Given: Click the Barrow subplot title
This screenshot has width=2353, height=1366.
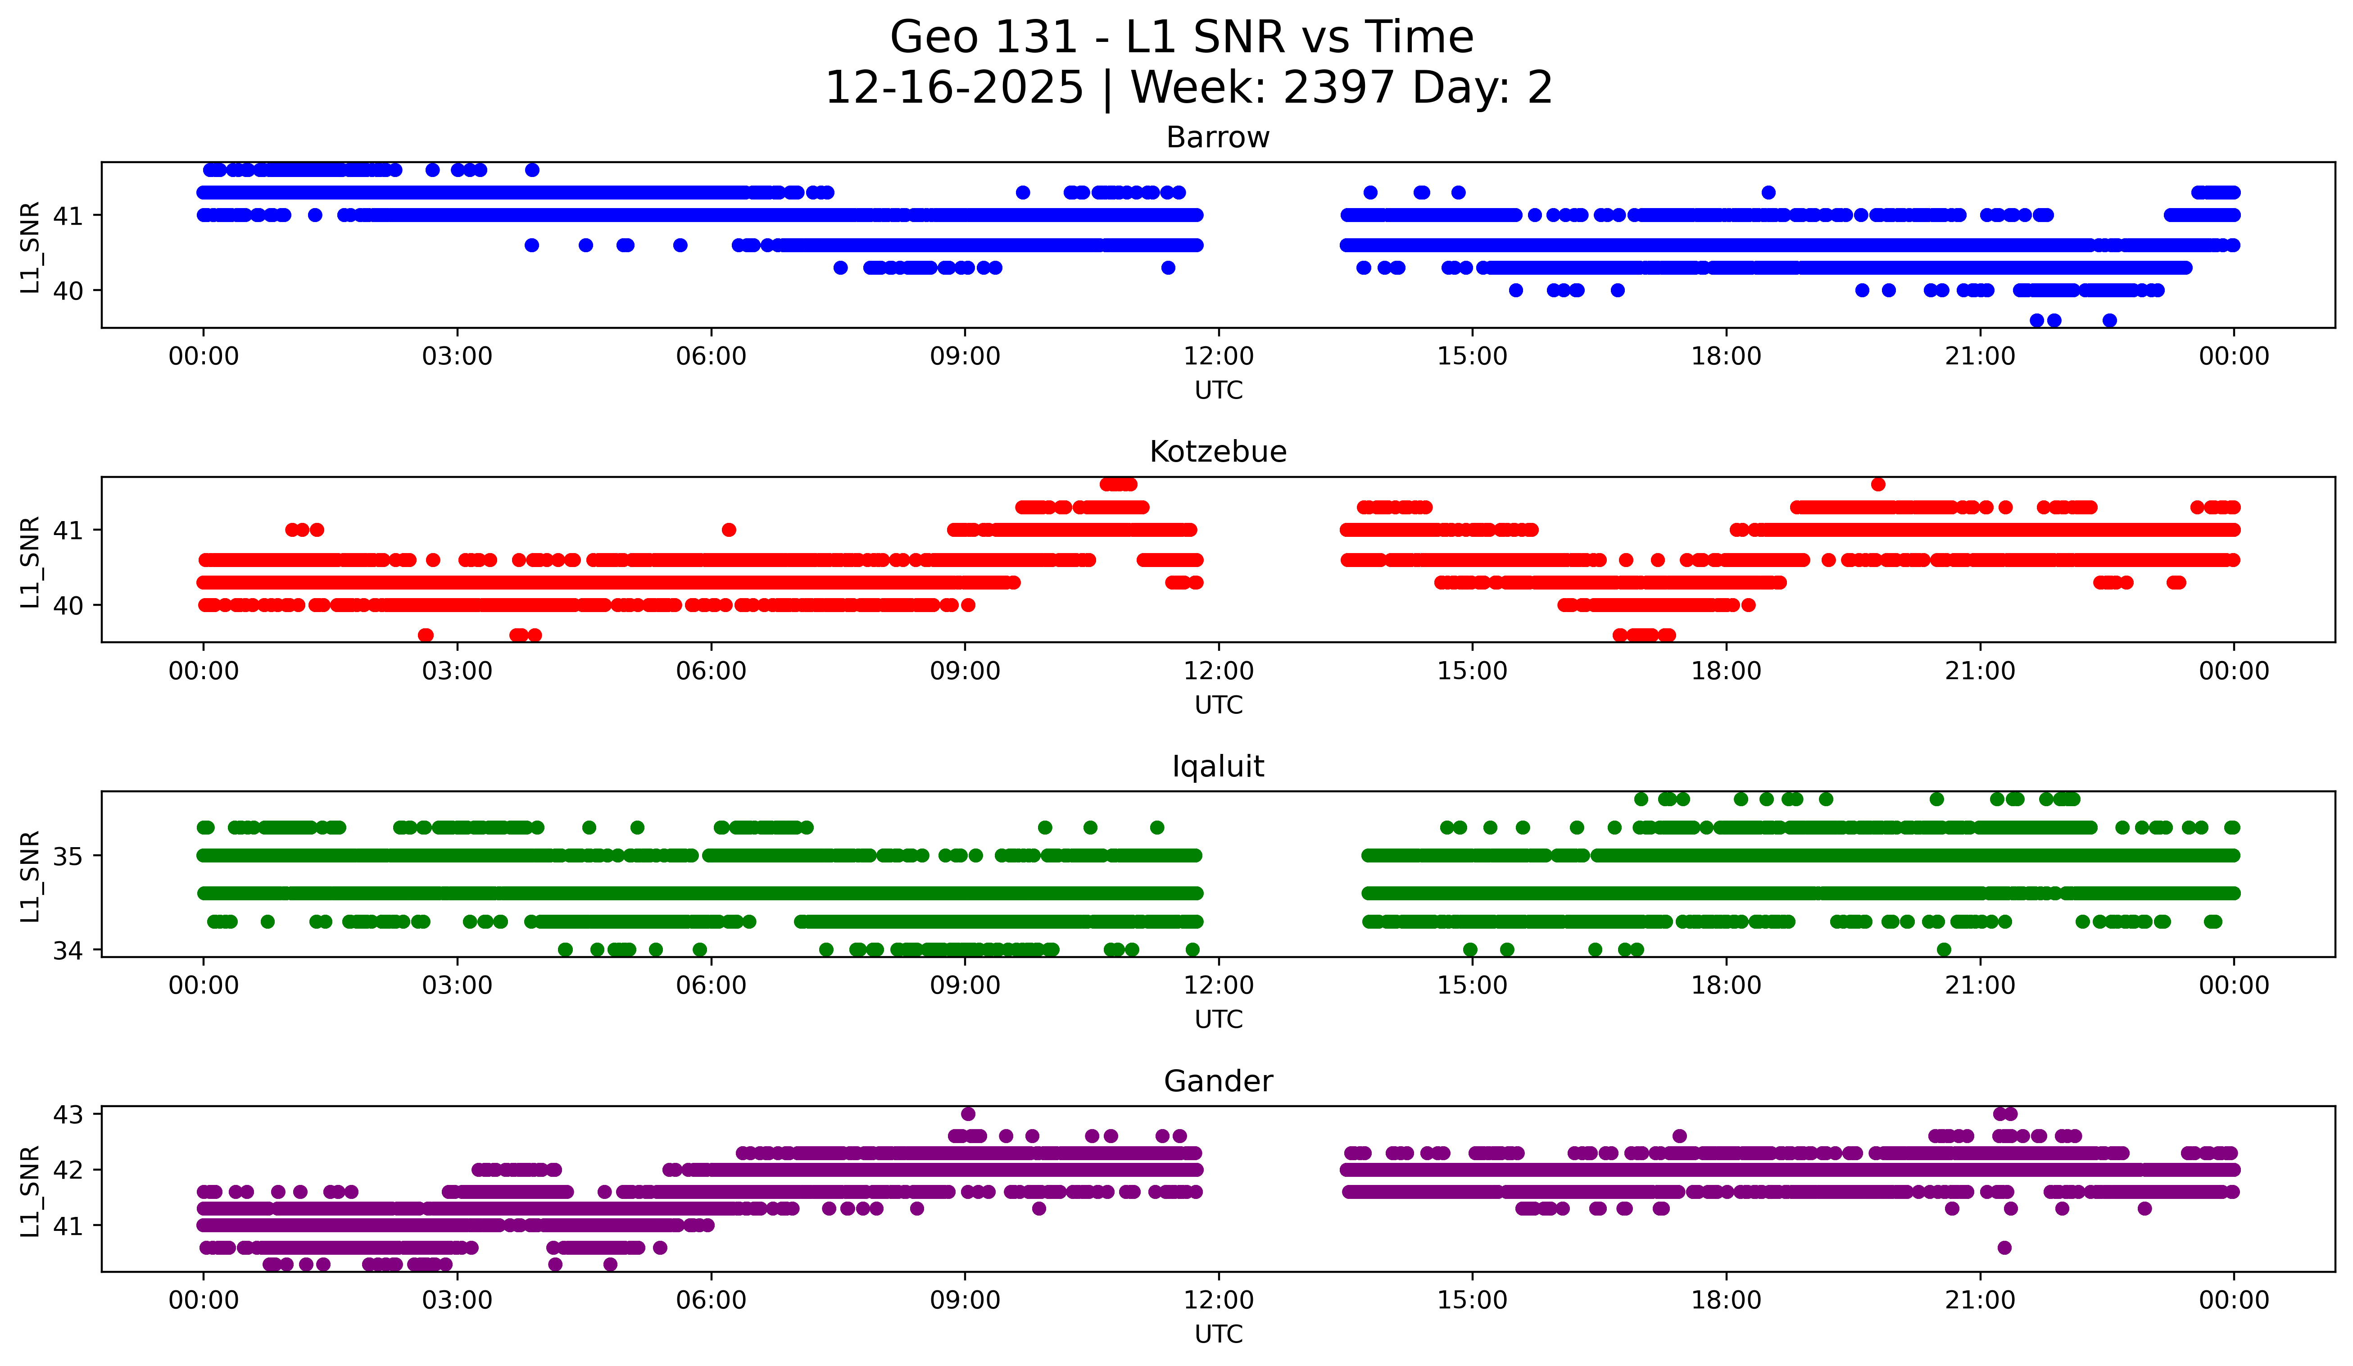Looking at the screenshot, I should click(1218, 137).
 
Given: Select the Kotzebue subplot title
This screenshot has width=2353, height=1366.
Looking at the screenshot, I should click(1218, 452).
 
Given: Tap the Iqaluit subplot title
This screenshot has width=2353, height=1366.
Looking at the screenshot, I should click(1218, 767).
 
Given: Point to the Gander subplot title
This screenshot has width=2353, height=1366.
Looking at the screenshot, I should click(1218, 1081).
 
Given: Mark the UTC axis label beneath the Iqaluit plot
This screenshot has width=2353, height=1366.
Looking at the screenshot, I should click(1219, 1020).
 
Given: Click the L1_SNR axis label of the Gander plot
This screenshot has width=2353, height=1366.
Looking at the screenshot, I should click(30, 1191).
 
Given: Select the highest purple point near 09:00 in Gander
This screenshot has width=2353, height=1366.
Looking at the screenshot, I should click(968, 1114).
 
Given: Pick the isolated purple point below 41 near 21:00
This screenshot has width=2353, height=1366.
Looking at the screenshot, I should click(2004, 1248).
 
